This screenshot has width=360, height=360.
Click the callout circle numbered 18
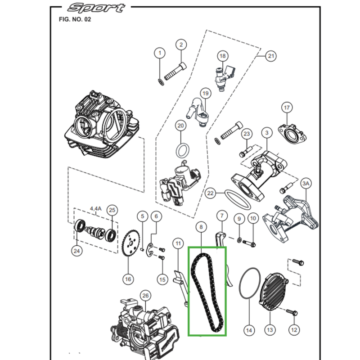[222, 56]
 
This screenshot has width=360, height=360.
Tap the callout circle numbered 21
[270, 56]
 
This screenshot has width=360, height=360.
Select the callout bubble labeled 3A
[306, 184]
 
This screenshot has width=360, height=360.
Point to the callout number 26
[145, 296]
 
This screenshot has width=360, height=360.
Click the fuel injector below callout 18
[224, 77]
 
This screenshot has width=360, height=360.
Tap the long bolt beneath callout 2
[175, 71]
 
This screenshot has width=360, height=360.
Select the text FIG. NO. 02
[75, 20]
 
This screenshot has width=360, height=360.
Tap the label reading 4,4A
[96, 209]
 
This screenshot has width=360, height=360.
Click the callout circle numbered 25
[112, 210]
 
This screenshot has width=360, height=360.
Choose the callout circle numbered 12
[294, 330]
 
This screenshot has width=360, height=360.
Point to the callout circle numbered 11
[178, 244]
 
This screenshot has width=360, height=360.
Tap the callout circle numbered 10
[252, 219]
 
